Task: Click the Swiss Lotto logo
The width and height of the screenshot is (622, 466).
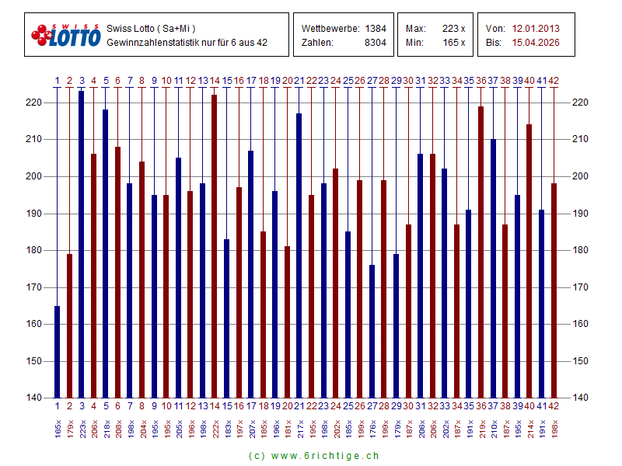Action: click(66, 35)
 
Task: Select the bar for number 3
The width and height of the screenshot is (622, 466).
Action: click(82, 245)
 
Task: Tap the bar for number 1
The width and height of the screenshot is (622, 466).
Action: click(57, 352)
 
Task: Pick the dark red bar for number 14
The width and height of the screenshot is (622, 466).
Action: click(215, 246)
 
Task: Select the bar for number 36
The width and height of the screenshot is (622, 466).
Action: click(480, 252)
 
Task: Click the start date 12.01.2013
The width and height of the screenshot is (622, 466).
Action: click(536, 29)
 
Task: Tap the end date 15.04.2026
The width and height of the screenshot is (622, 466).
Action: click(536, 43)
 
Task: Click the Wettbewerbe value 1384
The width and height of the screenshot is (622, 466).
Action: click(376, 29)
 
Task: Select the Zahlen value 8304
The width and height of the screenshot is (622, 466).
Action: click(376, 43)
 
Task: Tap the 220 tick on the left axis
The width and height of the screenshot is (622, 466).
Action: click(33, 103)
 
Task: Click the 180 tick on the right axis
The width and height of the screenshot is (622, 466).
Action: click(580, 250)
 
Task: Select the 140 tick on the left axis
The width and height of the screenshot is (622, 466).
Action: click(33, 398)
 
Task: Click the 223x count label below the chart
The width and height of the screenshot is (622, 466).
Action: click(82, 425)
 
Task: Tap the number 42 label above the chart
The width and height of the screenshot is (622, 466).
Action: click(554, 80)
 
